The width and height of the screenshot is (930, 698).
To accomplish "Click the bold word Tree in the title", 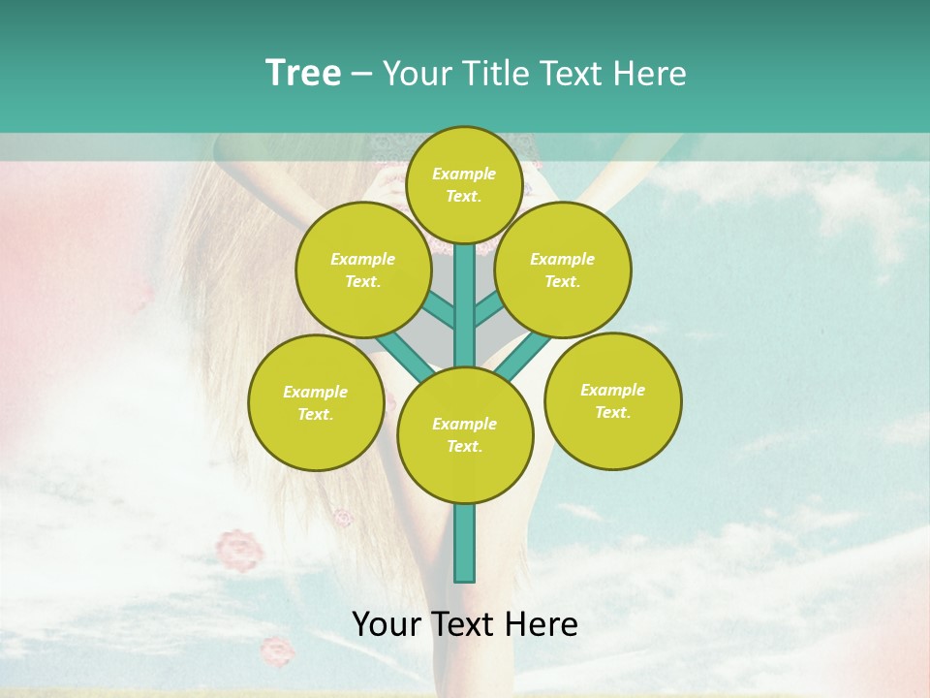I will click(x=303, y=74).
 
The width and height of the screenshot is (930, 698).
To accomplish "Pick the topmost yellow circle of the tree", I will click(x=464, y=184).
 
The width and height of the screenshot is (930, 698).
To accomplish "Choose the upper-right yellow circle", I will click(x=563, y=270).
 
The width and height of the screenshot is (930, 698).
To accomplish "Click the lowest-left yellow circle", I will click(x=316, y=402).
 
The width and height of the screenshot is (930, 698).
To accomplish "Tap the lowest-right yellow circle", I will click(x=613, y=400).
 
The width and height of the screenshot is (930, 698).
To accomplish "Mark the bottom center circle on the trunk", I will click(x=465, y=434).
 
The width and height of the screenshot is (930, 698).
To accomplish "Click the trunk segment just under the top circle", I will click(x=465, y=291).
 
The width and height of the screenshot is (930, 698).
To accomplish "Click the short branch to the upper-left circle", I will click(x=439, y=310).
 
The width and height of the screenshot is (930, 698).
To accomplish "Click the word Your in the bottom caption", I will click(x=387, y=624).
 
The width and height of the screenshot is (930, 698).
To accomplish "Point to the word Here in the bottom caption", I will click(x=543, y=624).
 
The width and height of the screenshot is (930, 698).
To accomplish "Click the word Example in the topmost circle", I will click(x=464, y=174).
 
